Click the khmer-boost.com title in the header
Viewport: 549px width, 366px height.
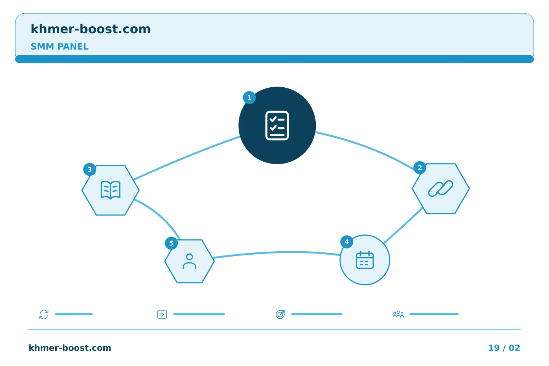pyautogui.click(x=90, y=29)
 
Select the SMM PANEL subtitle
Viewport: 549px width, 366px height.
pyautogui.click(x=59, y=47)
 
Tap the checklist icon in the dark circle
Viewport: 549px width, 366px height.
pyautogui.click(x=277, y=125)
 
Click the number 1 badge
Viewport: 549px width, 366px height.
pyautogui.click(x=249, y=98)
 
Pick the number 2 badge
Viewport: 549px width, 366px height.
pyautogui.click(x=420, y=168)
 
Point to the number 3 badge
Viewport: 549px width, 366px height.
pyautogui.click(x=90, y=169)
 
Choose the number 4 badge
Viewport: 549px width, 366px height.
pyautogui.click(x=347, y=242)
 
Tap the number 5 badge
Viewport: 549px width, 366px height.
pyautogui.click(x=171, y=243)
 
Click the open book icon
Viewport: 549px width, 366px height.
pyautogui.click(x=111, y=190)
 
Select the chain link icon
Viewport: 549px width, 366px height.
pyautogui.click(x=441, y=188)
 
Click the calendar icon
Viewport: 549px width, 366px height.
pyautogui.click(x=365, y=260)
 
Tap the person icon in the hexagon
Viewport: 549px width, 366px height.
pyautogui.click(x=189, y=261)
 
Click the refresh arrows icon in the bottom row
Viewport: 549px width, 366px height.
pyautogui.click(x=44, y=315)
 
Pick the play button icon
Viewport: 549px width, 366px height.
pyautogui.click(x=162, y=315)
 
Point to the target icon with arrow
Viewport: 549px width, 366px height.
pyautogui.click(x=280, y=315)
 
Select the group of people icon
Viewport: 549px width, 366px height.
pyautogui.click(x=398, y=315)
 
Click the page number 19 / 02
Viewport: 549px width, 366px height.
pyautogui.click(x=504, y=348)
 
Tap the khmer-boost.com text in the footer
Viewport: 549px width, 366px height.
pyautogui.click(x=70, y=348)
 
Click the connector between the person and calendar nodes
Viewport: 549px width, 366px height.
pyautogui.click(x=277, y=252)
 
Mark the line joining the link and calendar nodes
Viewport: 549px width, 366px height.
pyautogui.click(x=403, y=225)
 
